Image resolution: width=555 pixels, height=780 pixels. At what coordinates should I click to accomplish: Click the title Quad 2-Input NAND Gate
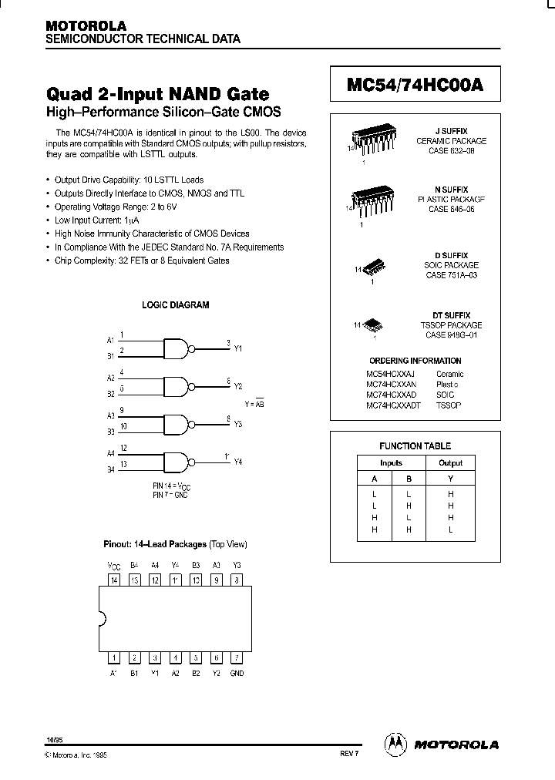pos(158,95)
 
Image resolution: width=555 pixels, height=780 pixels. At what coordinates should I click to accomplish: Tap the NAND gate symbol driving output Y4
pos(177,459)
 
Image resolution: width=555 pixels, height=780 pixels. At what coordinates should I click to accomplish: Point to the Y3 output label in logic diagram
pos(237,424)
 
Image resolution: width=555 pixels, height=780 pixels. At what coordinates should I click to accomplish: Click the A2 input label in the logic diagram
pos(110,378)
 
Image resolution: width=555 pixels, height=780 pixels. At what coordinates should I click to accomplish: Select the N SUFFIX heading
pos(451,190)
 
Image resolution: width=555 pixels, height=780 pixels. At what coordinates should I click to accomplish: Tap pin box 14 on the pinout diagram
pos(114,580)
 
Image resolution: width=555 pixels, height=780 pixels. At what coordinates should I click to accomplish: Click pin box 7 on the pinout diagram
pos(237,657)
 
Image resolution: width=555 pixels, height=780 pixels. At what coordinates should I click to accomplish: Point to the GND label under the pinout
pos(237,673)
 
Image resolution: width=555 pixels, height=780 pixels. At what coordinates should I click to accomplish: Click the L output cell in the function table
pos(450,530)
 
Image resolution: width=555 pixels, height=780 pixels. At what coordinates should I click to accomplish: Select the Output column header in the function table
pos(450,462)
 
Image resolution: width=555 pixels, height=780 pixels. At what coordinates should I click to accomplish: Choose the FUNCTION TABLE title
pos(415,445)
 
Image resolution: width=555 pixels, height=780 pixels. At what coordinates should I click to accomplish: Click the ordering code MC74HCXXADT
pos(393,405)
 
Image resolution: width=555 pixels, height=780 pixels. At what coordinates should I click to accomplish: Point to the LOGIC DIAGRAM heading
pos(176,305)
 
